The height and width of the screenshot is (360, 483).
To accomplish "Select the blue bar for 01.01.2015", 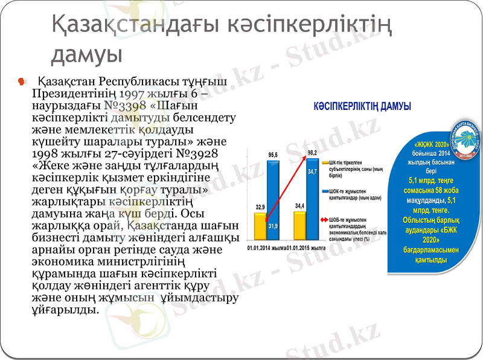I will click(312, 199).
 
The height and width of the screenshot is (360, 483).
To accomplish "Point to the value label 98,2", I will click(312, 152).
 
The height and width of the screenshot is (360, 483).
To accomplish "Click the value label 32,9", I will click(260, 207).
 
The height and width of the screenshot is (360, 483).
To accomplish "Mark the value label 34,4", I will click(299, 207).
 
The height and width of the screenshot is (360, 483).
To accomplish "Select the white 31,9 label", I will click(273, 226).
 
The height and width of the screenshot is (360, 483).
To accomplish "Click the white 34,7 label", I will click(312, 172).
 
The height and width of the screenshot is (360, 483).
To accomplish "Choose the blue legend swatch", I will click(325, 192).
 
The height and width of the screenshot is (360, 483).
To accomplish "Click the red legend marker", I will click(325, 220).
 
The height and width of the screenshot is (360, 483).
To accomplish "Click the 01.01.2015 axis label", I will click(306, 248).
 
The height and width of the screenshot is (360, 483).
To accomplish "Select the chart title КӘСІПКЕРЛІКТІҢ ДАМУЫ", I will click(362, 106).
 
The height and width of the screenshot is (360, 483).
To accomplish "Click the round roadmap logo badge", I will click(465, 140).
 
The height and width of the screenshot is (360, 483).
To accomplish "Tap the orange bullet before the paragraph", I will click(22, 80).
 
